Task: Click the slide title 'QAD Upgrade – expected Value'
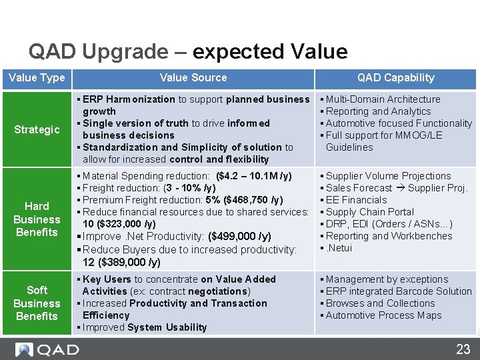[187, 51]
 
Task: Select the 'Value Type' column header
[37, 78]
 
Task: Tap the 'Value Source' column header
[193, 78]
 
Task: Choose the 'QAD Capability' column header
[395, 78]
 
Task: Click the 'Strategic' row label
[37, 129]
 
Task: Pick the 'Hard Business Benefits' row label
[37, 219]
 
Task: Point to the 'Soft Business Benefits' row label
[37, 303]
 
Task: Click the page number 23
[463, 349]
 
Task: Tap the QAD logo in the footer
[47, 349]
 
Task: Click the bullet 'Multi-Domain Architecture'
[383, 99]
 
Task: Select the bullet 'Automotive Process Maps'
[383, 315]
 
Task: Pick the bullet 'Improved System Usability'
[144, 327]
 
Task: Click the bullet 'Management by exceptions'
[387, 279]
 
